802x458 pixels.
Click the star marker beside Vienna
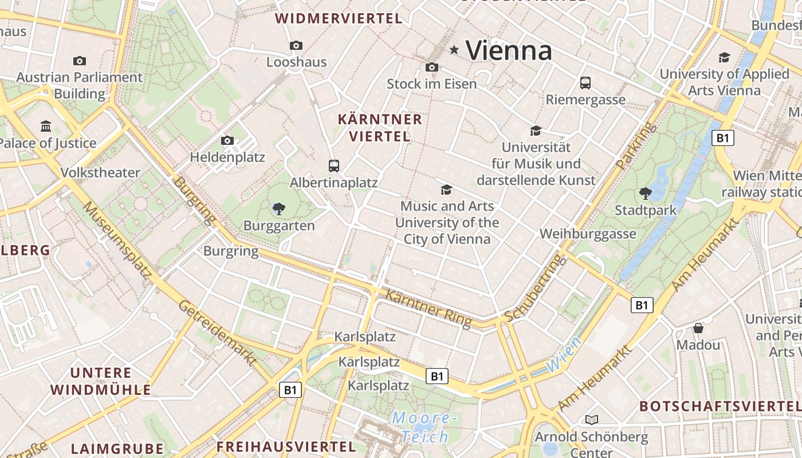[x=454, y=50]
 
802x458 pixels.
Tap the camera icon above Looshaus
[x=296, y=45]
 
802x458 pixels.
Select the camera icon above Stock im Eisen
[x=432, y=67]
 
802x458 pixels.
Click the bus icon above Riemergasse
[x=585, y=83]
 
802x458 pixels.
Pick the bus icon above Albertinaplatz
[x=334, y=166]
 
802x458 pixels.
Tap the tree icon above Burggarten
[x=279, y=208]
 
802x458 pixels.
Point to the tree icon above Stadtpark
[x=646, y=194]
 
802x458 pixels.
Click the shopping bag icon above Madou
[x=698, y=328]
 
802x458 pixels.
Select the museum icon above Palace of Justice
[x=46, y=126]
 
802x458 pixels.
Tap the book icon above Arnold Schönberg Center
[x=591, y=420]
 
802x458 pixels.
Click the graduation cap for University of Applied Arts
[x=724, y=57]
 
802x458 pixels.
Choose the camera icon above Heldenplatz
[x=227, y=140]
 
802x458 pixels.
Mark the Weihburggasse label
[x=588, y=234]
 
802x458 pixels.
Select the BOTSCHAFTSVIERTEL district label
[x=720, y=406]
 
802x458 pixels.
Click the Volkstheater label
[x=100, y=172]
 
